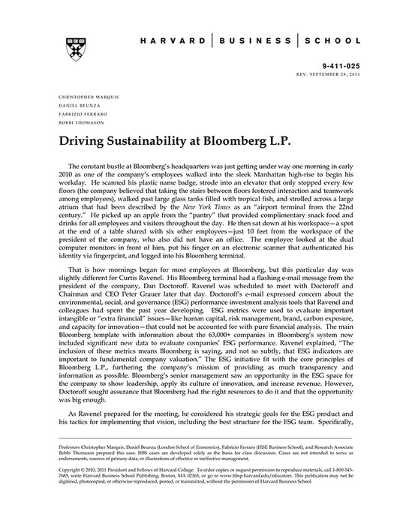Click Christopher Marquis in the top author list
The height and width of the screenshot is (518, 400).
(x=83, y=97)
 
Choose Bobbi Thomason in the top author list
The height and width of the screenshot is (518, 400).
(x=75, y=122)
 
